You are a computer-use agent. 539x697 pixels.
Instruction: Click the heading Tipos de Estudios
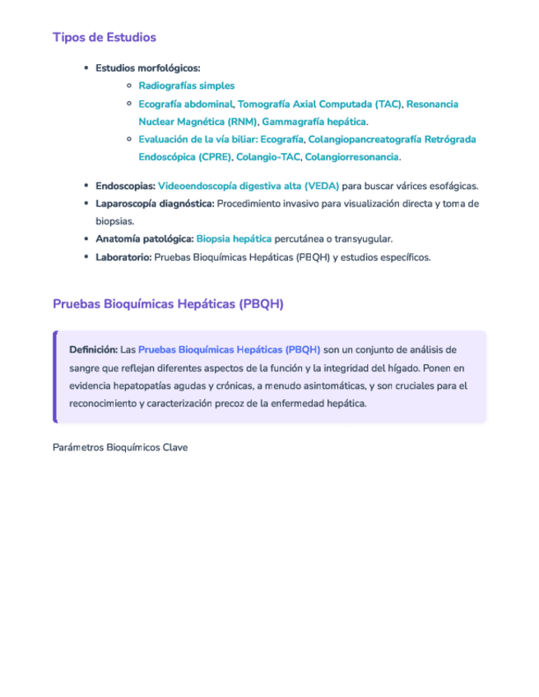pos(104,37)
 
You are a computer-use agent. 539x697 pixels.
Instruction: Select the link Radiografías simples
pos(186,85)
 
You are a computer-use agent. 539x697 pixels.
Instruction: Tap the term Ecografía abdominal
pos(185,104)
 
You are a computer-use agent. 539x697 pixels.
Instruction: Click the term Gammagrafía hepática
pos(314,122)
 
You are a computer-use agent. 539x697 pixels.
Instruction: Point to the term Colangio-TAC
pos(268,157)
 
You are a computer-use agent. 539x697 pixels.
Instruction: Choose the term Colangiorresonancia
pos(351,157)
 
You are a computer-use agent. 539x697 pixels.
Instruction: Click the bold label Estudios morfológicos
pos(147,68)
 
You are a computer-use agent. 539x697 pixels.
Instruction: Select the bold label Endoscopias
pos(124,187)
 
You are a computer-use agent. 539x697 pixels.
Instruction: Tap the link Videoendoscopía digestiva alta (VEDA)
pos(248,187)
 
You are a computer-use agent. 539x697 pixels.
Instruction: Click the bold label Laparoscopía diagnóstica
pos(155,204)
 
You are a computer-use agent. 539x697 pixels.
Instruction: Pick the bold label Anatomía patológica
pos(144,239)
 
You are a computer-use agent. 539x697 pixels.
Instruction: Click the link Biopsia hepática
pos(234,239)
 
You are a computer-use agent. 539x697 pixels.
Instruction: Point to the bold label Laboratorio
pos(123,257)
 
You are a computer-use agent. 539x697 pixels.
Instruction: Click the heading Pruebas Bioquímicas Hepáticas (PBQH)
pos(168,304)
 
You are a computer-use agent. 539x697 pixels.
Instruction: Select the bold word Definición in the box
pos(93,350)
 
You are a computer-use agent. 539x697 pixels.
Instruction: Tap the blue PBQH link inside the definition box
pos(229,350)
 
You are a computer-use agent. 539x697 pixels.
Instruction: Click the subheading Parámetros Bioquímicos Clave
pos(119,448)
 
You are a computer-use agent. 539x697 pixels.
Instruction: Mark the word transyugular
pos(361,239)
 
